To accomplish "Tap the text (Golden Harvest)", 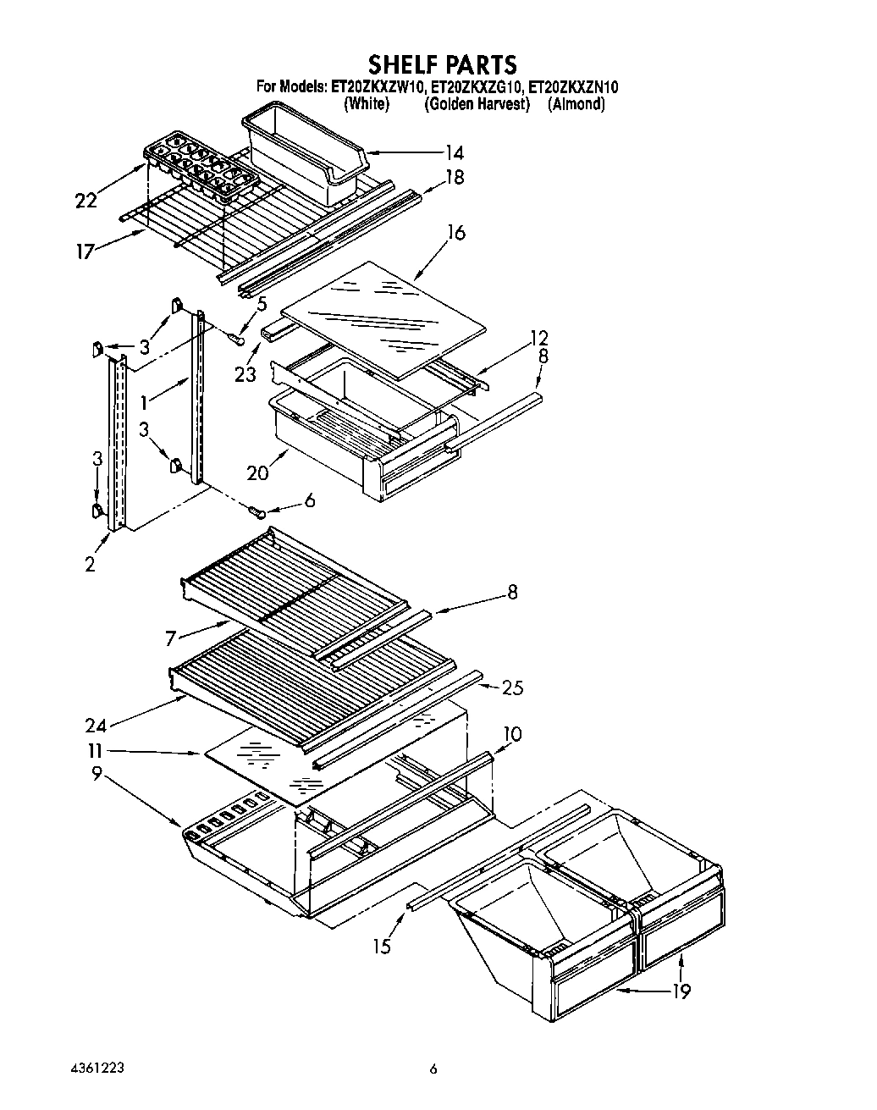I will tap(477, 104).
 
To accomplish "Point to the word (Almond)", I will tap(576, 104).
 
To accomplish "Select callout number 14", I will tap(455, 153).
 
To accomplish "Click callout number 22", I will tap(86, 201).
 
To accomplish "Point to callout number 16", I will tap(456, 232).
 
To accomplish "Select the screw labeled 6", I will tap(257, 511).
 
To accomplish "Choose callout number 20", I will tap(258, 472).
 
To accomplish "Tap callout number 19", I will tap(682, 991).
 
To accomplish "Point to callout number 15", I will tap(383, 946).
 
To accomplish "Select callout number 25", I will tap(512, 688).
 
